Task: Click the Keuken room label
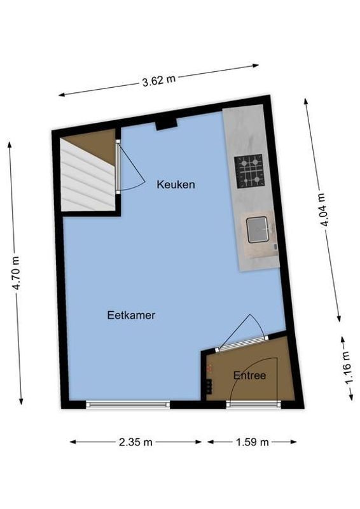point(176,185)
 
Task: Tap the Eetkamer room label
point(132,314)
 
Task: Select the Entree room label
point(249,375)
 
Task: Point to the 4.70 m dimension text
point(17,274)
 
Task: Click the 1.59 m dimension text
point(252,442)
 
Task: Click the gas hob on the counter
point(249,171)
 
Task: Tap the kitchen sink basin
point(258,230)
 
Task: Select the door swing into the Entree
point(244,333)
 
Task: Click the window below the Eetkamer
point(128,404)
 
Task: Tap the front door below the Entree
point(254,404)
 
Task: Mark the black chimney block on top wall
point(165,123)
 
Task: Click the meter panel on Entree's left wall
point(208,386)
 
